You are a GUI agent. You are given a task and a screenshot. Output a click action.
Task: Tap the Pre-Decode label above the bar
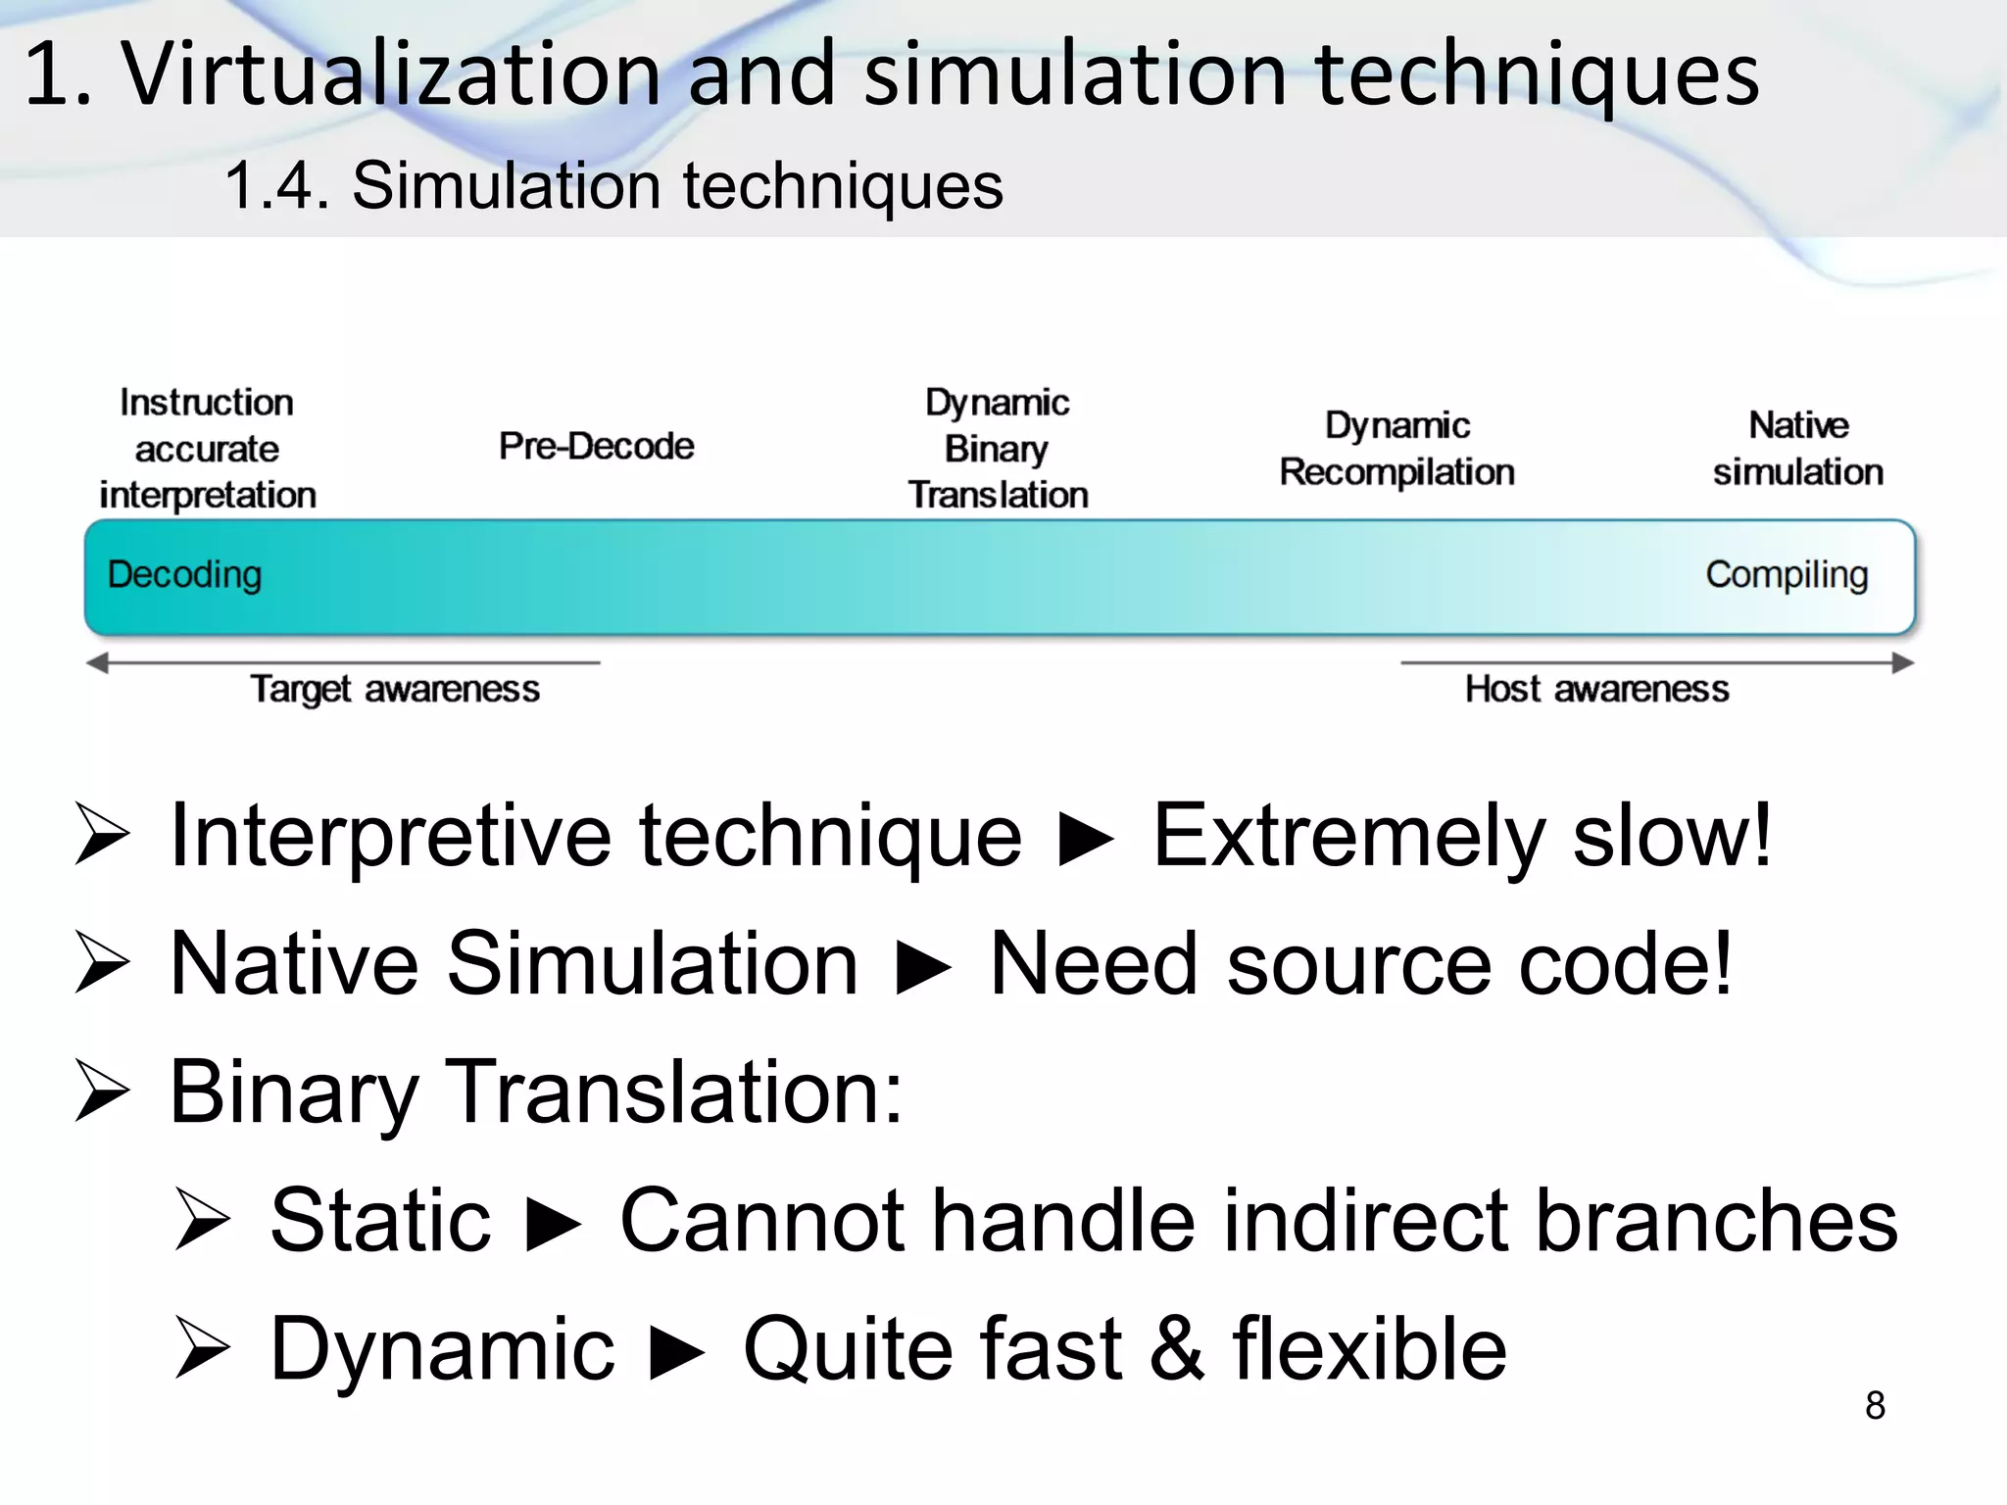[596, 446]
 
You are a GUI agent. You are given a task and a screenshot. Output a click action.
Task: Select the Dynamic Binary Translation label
[998, 449]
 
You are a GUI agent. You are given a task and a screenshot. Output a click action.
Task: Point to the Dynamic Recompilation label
[1396, 449]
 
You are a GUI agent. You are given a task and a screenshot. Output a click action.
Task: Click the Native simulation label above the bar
[1798, 449]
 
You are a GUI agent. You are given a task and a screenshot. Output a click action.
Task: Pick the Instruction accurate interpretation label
[208, 449]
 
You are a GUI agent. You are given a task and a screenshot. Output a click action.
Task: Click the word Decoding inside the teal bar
[184, 574]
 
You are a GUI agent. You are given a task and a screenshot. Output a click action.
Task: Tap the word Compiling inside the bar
[1787, 574]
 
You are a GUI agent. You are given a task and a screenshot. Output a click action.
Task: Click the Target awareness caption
[395, 689]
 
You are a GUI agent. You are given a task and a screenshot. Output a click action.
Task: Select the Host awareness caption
[1596, 689]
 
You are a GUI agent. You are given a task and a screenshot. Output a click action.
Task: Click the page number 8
[1875, 1405]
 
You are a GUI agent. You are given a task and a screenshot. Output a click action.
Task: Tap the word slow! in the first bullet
[1672, 836]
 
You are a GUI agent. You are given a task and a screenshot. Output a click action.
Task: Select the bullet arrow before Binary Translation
[102, 1092]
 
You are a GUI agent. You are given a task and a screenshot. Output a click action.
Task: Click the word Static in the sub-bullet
[380, 1220]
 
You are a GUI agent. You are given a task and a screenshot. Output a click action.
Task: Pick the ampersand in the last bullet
[1176, 1349]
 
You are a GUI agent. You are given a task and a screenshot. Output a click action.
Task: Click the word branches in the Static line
[1716, 1220]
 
